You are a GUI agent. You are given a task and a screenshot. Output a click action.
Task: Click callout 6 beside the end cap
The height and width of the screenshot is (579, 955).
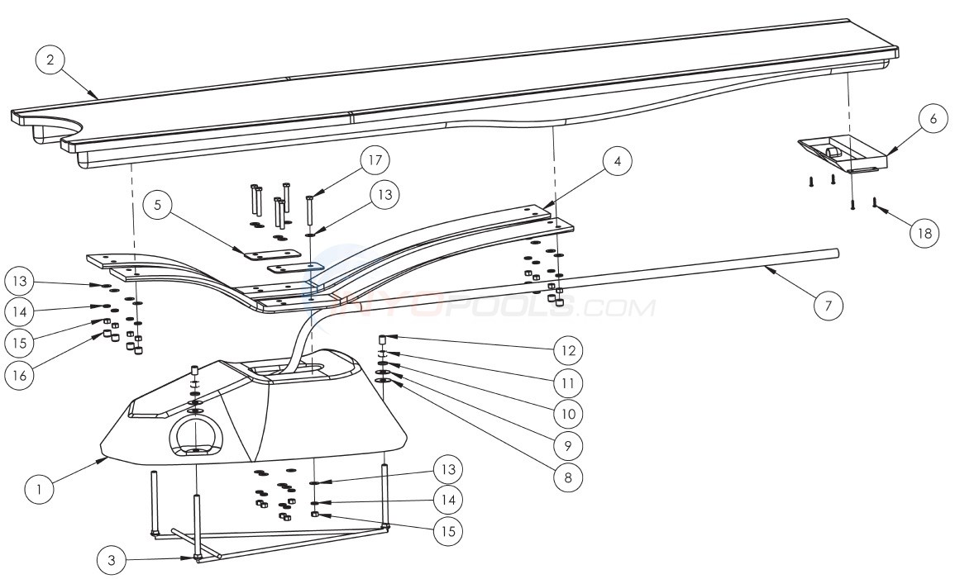pyautogui.click(x=933, y=119)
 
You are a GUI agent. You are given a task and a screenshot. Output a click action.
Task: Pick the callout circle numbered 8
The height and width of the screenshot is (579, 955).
pyautogui.click(x=567, y=476)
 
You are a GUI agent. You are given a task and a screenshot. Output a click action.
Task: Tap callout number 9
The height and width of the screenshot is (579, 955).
pyautogui.click(x=567, y=444)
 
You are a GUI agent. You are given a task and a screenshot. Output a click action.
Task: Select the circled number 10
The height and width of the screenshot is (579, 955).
pyautogui.click(x=567, y=413)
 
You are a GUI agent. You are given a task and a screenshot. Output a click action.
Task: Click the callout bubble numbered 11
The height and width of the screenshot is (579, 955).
pyautogui.click(x=567, y=382)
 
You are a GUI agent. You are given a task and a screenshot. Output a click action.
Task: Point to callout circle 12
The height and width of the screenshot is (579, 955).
pyautogui.click(x=567, y=351)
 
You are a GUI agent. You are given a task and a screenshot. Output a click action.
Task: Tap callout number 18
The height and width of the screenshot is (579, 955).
pyautogui.click(x=924, y=234)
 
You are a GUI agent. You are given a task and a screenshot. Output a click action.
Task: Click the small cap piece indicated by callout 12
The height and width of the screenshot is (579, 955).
pyautogui.click(x=384, y=339)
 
